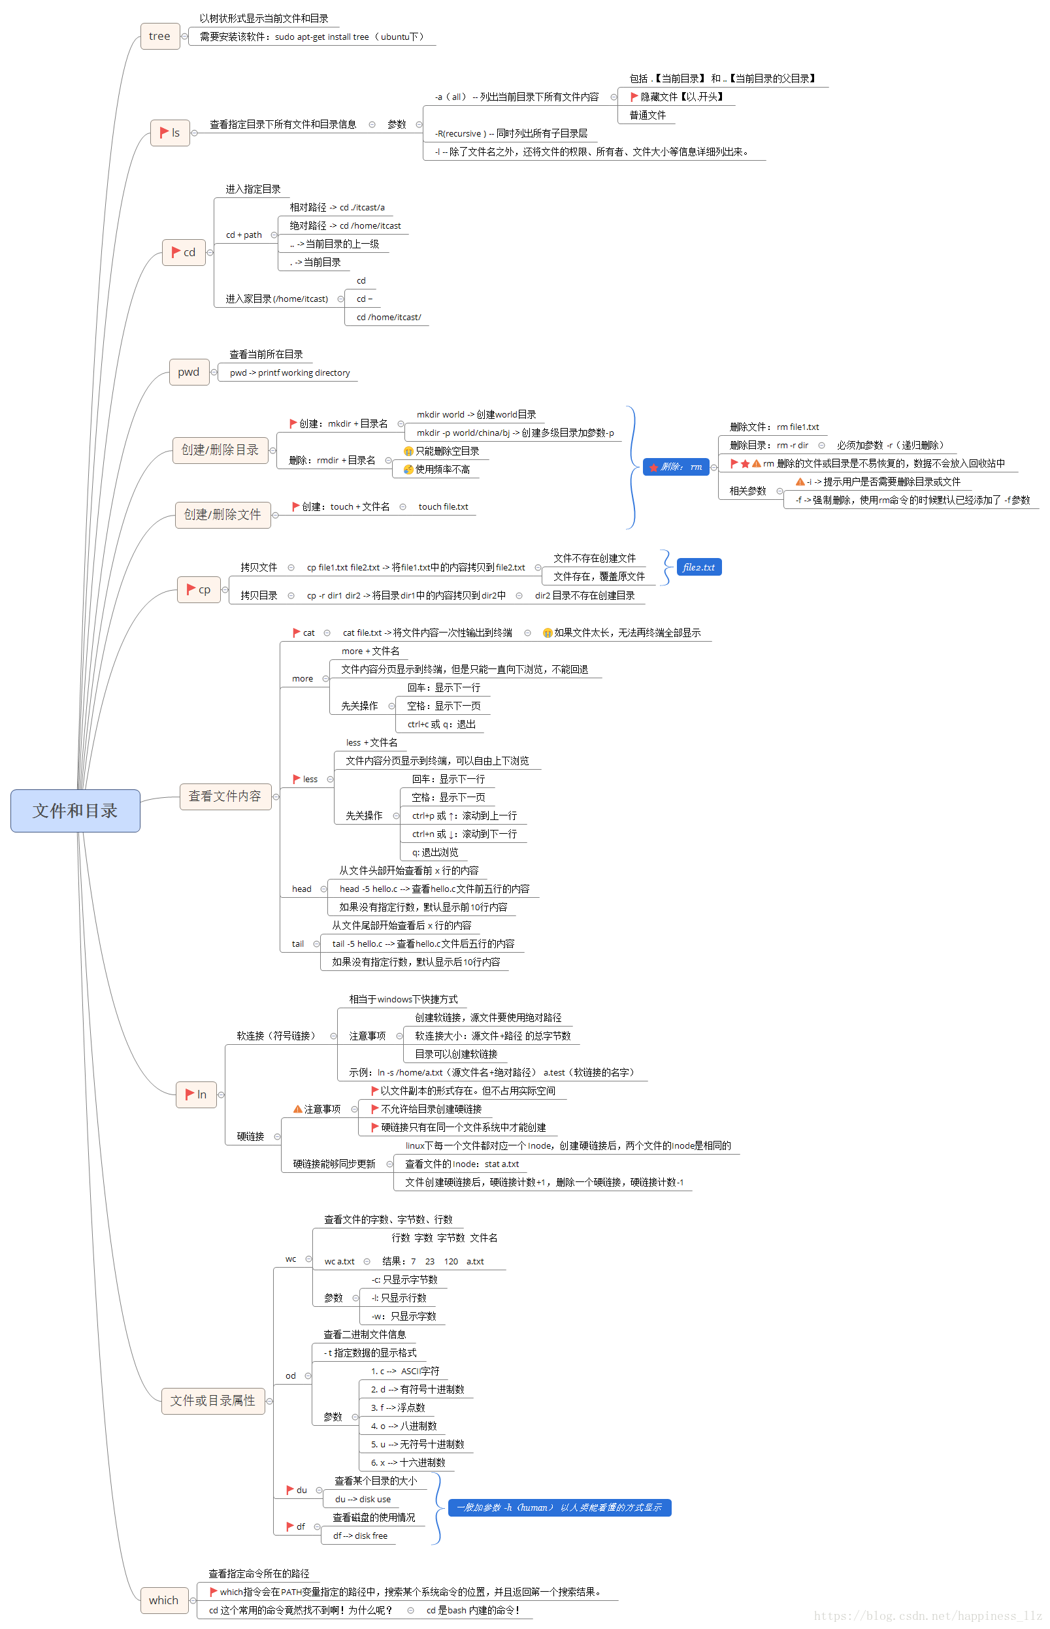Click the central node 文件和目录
click(x=75, y=810)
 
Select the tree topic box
click(x=159, y=36)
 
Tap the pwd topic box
click(x=189, y=372)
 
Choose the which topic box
click(x=163, y=1600)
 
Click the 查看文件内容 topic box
click(x=225, y=796)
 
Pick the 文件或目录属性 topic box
click(x=213, y=1400)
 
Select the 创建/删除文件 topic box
click(x=222, y=514)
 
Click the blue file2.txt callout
click(x=698, y=567)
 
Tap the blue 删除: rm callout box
click(x=676, y=467)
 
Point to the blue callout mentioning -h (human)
click(x=559, y=1507)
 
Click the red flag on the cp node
click(x=191, y=589)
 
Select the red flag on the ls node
click(x=164, y=132)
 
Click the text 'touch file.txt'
click(x=443, y=506)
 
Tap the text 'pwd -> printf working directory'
click(x=289, y=373)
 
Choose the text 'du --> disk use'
click(x=363, y=1499)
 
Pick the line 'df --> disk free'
click(x=360, y=1536)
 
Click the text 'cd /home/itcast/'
click(x=389, y=317)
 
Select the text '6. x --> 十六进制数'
click(x=408, y=1462)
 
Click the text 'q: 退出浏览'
click(x=435, y=852)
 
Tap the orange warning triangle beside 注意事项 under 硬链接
click(x=298, y=1109)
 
